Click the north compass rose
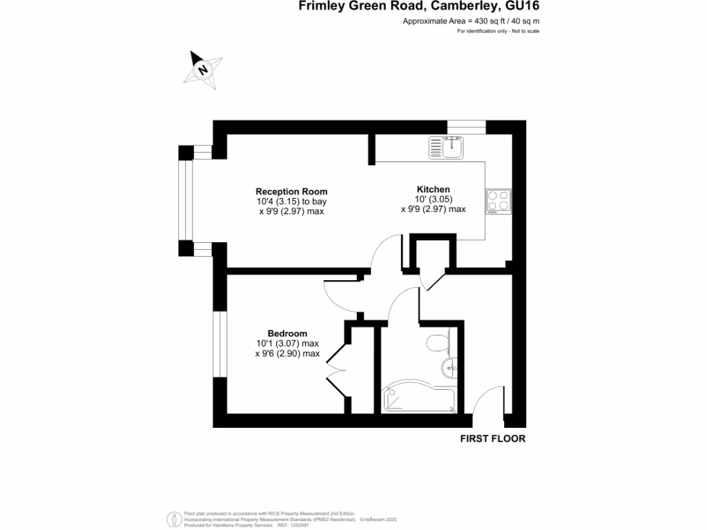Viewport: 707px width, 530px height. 203,70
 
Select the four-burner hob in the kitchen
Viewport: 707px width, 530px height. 498,201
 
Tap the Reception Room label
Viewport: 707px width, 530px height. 291,192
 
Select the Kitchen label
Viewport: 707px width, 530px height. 433,189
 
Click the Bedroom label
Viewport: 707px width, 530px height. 287,333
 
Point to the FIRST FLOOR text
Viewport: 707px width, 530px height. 493,439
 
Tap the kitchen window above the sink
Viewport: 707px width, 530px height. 467,127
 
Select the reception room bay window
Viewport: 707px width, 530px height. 184,201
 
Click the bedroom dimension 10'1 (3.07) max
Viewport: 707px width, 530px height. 287,344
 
